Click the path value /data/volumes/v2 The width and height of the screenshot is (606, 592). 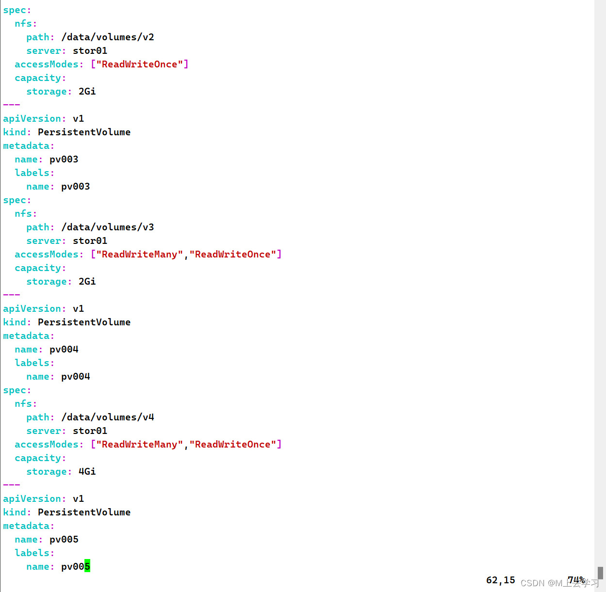(108, 37)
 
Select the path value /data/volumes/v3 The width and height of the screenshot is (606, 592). (108, 227)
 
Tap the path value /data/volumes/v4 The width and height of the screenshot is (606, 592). (108, 417)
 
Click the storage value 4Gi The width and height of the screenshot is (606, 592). (87, 472)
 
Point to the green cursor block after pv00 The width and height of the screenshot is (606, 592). (87, 566)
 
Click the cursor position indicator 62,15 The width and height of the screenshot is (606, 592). (500, 580)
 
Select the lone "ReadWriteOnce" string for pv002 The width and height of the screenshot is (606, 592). (139, 64)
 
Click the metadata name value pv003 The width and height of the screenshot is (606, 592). (64, 160)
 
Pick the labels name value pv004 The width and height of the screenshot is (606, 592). (75, 377)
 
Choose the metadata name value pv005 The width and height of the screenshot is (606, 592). (64, 540)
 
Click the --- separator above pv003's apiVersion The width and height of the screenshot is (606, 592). (12, 105)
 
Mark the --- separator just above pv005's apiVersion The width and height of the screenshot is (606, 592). (12, 485)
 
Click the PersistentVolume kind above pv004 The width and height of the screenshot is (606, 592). (84, 322)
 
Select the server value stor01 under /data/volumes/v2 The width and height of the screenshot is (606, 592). (90, 51)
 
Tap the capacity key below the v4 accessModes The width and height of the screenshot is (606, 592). (40, 458)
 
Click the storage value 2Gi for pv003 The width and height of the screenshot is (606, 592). (87, 282)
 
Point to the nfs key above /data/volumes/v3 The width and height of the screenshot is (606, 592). (25, 214)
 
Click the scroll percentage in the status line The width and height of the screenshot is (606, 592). (576, 580)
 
